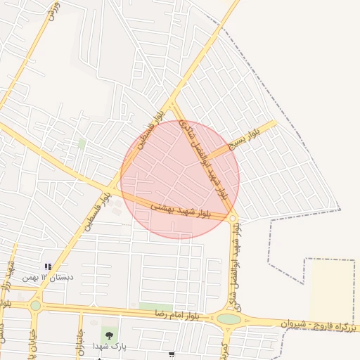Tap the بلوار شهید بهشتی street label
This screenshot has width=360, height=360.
[181, 209]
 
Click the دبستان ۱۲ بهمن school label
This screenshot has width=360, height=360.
[48, 277]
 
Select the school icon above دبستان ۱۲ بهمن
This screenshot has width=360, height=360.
[48, 266]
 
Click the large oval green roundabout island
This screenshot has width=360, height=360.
[229, 319]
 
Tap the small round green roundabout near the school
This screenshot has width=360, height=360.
[35, 305]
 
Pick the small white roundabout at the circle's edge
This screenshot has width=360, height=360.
[232, 219]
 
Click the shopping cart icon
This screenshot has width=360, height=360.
[172, 356]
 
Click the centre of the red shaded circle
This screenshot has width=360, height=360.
[180, 179]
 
